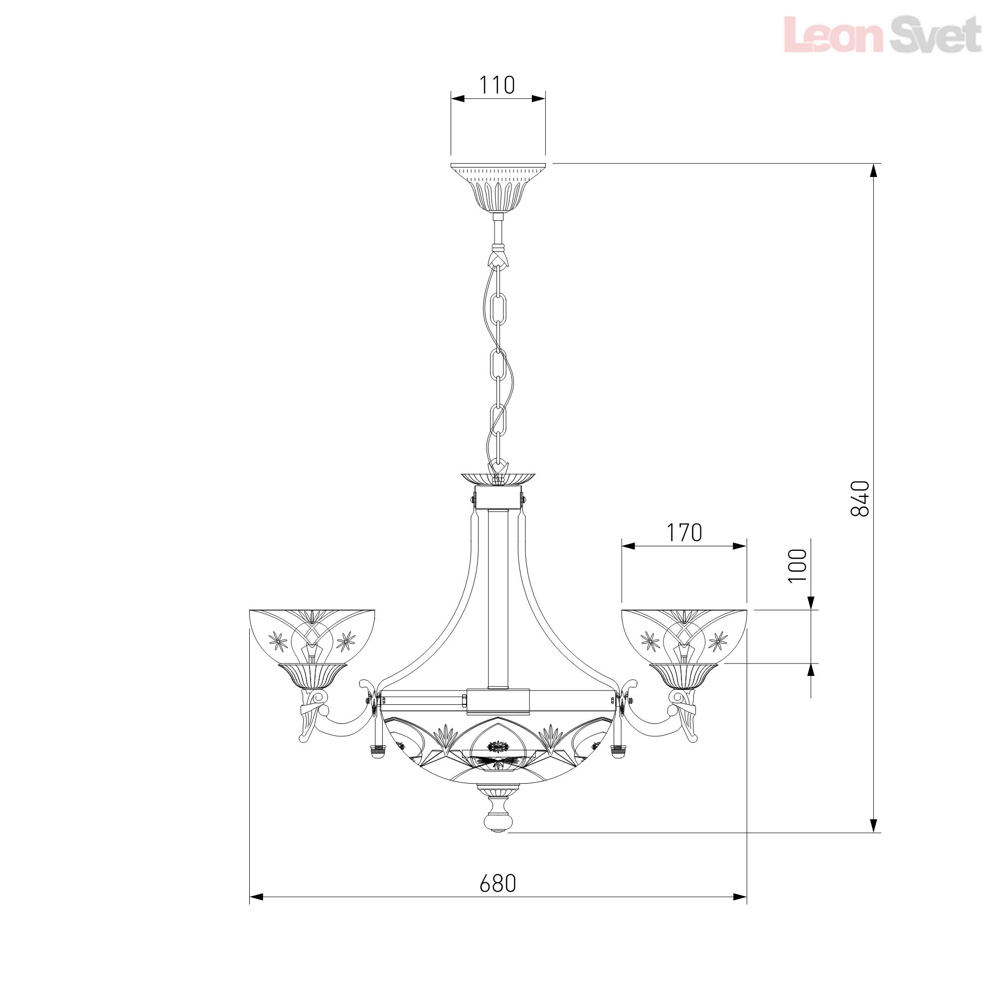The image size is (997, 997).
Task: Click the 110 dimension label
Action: (498, 85)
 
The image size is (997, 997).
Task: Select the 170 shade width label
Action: (684, 533)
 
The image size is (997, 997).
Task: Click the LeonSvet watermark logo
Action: (882, 34)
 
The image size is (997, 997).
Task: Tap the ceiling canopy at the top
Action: (498, 187)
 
